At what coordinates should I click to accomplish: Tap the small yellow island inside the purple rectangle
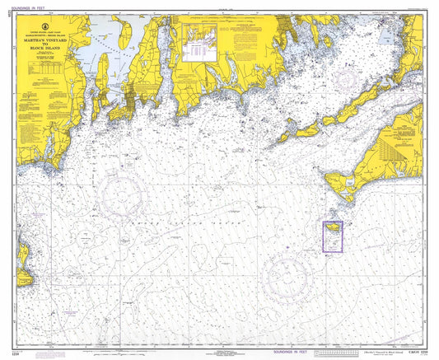click(330, 226)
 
